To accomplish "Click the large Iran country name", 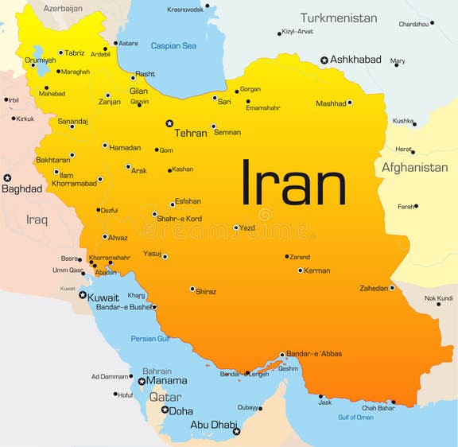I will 293,185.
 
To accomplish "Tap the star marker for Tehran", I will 169,123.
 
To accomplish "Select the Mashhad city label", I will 331,103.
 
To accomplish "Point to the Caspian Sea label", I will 173,45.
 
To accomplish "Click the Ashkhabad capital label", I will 355,60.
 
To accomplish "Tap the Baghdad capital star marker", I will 7,178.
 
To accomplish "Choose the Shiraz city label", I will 206,292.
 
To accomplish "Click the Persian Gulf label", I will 150,339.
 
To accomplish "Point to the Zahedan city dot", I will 392,288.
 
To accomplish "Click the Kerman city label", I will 317,271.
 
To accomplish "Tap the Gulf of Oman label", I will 355,418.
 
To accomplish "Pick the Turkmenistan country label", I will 339,17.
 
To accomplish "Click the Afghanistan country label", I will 414,168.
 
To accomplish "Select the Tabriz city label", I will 75,53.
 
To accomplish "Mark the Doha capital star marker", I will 165,410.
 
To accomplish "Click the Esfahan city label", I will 188,201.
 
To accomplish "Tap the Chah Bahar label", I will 378,408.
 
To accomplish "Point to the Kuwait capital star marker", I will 83,295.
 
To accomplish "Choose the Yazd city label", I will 248,228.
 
